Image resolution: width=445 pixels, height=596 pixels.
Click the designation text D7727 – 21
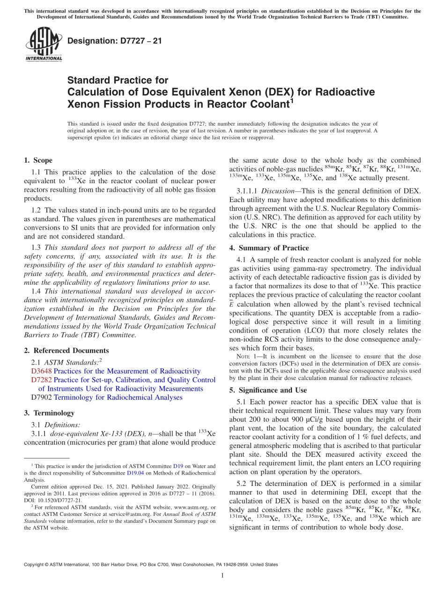pos(115,41)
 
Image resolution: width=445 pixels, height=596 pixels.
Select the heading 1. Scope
pos(38,160)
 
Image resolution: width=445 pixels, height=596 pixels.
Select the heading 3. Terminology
pos(49,413)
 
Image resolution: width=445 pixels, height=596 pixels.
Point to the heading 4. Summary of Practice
pos(269,248)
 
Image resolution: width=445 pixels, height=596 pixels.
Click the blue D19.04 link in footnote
pos(135,473)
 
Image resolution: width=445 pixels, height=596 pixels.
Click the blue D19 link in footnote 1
pos(178,466)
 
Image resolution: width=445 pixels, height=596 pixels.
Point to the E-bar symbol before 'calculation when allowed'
pos(231,304)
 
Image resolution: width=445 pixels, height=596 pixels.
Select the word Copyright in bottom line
pos(36,565)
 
